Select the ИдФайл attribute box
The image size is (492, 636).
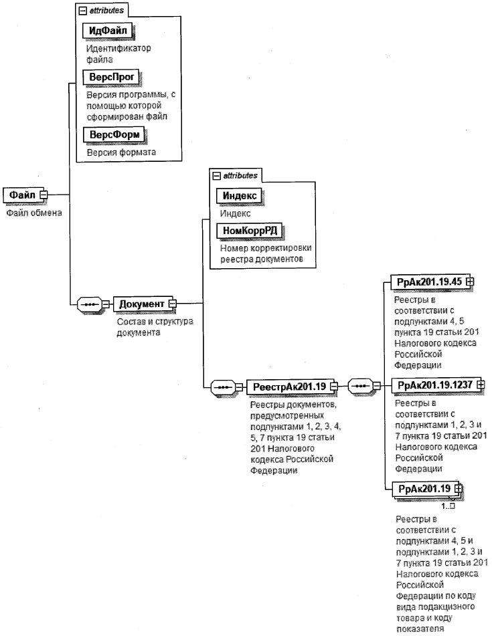108,30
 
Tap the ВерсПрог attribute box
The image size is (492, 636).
111,77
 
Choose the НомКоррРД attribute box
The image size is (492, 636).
250,231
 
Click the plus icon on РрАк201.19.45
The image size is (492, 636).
471,281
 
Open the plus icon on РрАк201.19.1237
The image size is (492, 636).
481,384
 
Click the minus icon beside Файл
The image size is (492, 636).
43,195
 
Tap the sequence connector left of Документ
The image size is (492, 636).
90,304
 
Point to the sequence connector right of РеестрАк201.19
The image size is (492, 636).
361,386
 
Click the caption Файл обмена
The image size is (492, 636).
34,213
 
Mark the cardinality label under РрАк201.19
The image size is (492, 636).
448,506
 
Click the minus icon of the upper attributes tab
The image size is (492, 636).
83,11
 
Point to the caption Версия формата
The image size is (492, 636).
121,152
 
